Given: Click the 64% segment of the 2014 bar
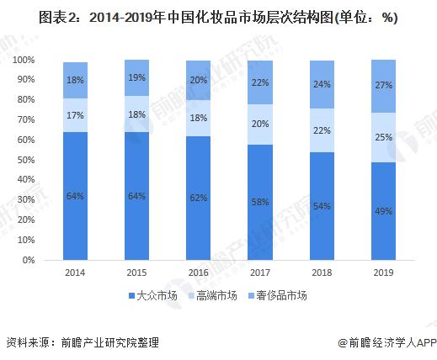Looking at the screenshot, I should click(75, 196).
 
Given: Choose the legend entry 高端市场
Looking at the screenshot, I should click(216, 294).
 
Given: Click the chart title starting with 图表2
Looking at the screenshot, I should click(218, 18).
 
